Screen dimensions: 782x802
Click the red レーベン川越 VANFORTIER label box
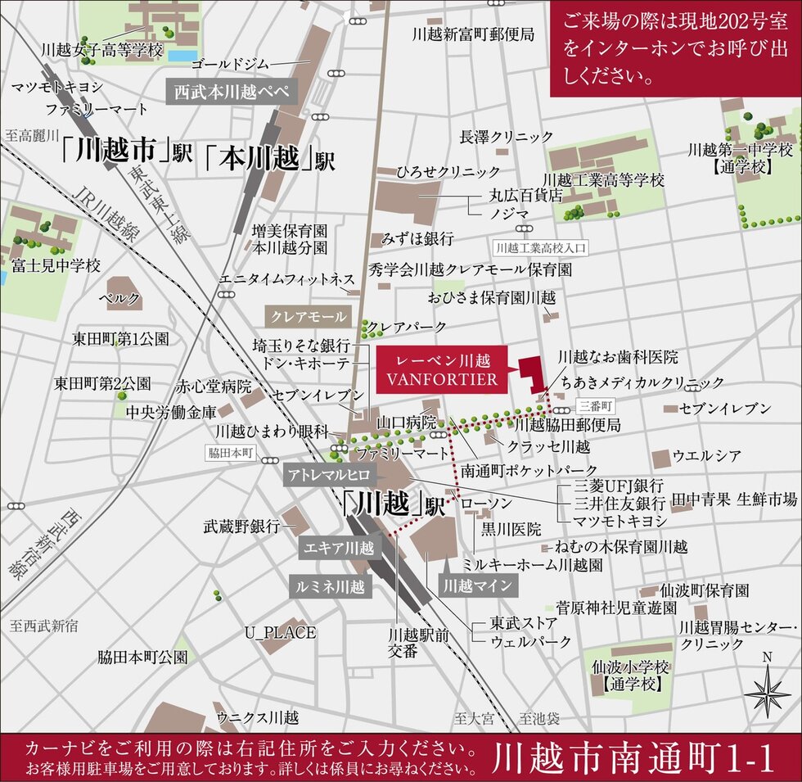(441, 369)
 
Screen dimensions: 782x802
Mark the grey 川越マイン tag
(478, 585)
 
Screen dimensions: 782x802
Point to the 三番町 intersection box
(592, 405)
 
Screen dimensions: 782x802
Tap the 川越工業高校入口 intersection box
(543, 246)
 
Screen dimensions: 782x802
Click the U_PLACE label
(280, 632)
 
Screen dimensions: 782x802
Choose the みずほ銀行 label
(417, 239)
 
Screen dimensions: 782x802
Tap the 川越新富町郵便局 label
(473, 34)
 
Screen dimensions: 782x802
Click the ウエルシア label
(706, 454)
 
